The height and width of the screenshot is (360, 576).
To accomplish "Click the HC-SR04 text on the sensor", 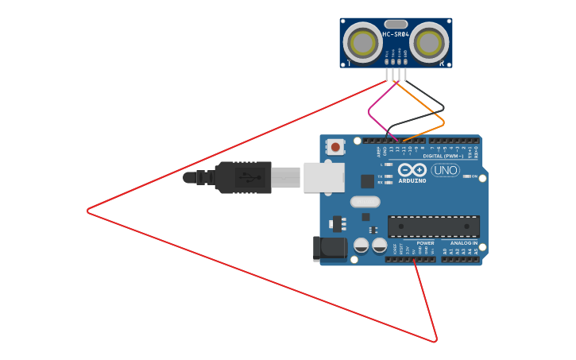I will tap(396, 35).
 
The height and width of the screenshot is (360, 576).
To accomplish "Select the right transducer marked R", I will tap(429, 43).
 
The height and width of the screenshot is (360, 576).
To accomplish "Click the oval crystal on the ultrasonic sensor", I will tap(396, 24).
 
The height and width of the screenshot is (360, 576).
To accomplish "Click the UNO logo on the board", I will tap(446, 170).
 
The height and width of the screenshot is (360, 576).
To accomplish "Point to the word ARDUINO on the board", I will tap(412, 181).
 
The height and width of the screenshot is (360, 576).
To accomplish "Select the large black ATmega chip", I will tap(433, 226).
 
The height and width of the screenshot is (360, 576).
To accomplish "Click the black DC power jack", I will tap(330, 249).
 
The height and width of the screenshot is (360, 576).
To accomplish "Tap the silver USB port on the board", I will tap(324, 178).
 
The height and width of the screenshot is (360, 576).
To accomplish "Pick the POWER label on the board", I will tap(425, 243).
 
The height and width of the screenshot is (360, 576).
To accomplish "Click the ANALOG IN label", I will tap(464, 243).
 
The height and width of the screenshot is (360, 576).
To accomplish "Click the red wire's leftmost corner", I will tap(88, 211).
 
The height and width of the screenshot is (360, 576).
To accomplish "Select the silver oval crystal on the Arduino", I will tap(365, 202).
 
